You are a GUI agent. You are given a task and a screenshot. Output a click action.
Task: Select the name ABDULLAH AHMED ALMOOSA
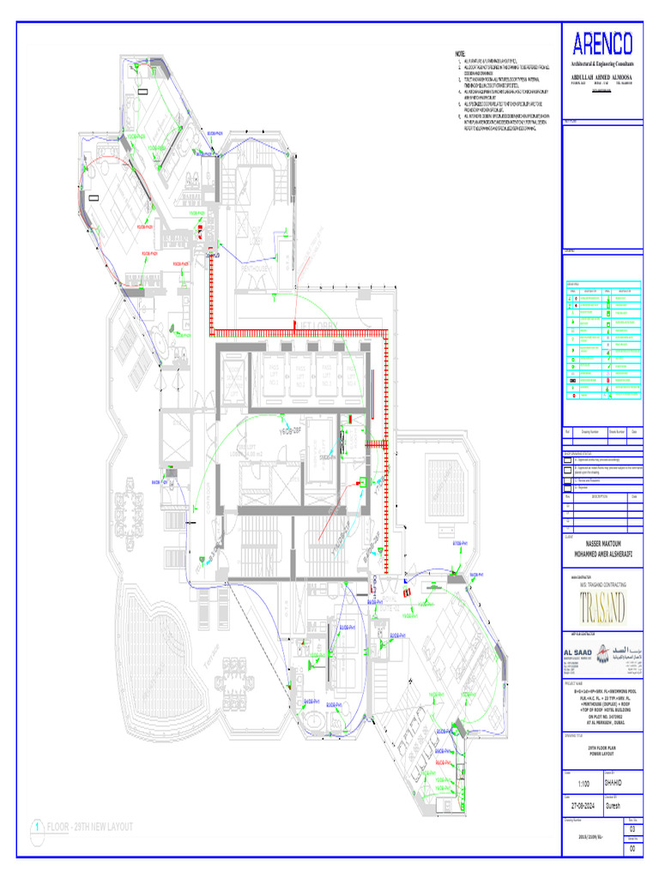(x=601, y=76)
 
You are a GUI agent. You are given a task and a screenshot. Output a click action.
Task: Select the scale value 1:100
(x=583, y=784)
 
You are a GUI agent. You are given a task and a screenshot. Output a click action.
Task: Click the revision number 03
(x=633, y=829)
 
